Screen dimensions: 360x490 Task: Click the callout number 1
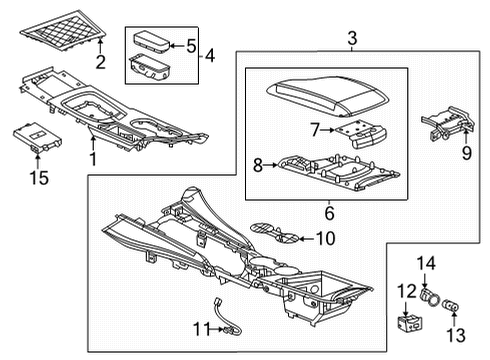click(93, 159)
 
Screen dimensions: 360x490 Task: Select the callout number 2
click(100, 63)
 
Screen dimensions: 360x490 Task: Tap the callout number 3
click(353, 39)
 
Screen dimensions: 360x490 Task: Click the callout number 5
click(192, 45)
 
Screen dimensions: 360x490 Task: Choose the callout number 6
click(327, 211)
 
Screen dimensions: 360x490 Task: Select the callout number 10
click(325, 238)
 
